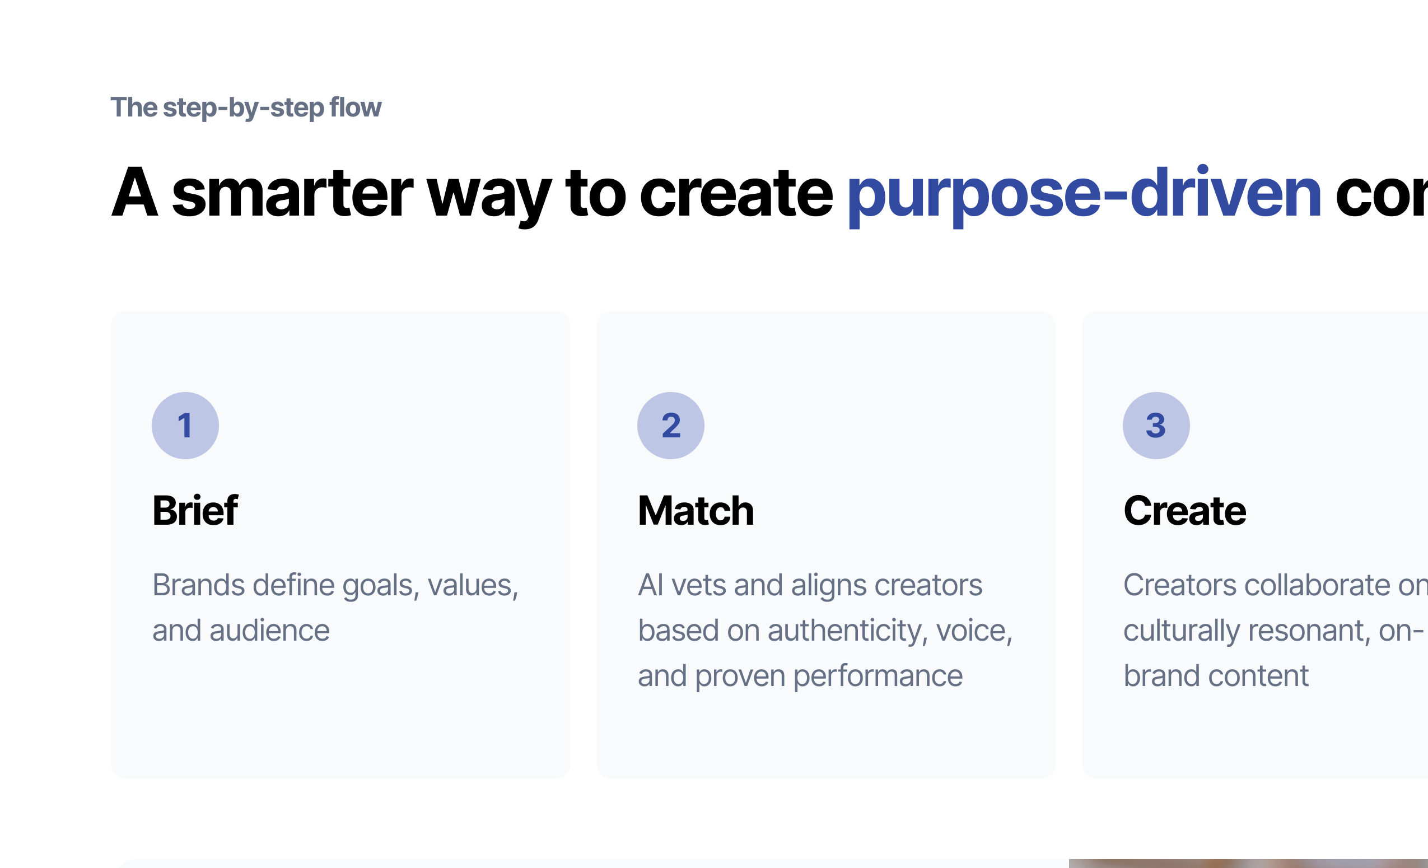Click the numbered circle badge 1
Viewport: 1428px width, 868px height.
(185, 426)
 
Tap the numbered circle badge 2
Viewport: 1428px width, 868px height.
(670, 426)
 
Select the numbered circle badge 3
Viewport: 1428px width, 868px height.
(1156, 426)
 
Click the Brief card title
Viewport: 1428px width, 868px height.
(195, 511)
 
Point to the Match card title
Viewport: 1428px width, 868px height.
(696, 511)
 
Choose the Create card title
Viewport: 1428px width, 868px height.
(1184, 511)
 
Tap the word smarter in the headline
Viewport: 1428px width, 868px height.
(293, 194)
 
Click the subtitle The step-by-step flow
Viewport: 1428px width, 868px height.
(246, 108)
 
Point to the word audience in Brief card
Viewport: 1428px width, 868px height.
(269, 631)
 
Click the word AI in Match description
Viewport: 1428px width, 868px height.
(650, 585)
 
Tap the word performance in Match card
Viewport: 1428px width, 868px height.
(878, 675)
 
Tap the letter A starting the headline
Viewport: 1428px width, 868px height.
(134, 194)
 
